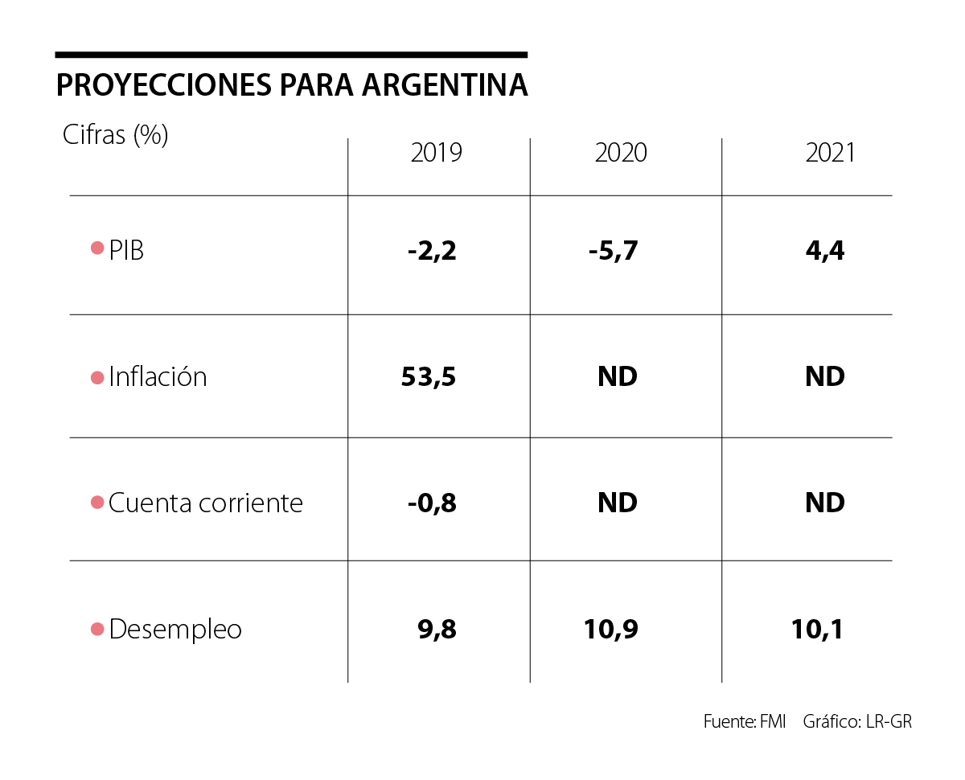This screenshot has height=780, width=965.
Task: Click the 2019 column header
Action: (437, 153)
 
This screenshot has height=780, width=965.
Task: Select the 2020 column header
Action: (621, 153)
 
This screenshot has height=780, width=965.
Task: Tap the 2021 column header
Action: (831, 153)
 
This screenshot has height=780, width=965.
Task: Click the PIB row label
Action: (126, 250)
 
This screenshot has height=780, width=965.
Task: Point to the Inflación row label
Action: (158, 376)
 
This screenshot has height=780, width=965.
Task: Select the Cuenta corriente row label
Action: (206, 503)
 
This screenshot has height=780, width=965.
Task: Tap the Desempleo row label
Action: (175, 629)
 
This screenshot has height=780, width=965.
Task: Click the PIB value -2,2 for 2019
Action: (432, 251)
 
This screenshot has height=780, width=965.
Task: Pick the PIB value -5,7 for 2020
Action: (613, 251)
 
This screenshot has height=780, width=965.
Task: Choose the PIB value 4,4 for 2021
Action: (825, 251)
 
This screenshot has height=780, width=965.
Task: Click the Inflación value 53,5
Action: (429, 376)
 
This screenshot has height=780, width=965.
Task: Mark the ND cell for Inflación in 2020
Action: (618, 376)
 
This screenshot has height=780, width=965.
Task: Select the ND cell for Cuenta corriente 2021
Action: (825, 503)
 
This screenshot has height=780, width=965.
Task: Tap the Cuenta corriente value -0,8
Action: (432, 503)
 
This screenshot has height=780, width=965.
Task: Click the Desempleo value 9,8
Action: (437, 629)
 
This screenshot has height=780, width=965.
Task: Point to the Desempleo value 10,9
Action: (611, 629)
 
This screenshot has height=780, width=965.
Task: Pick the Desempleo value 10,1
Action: (818, 629)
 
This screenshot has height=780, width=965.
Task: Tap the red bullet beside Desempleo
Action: (97, 629)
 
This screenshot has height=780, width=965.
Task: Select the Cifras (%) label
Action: (116, 134)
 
